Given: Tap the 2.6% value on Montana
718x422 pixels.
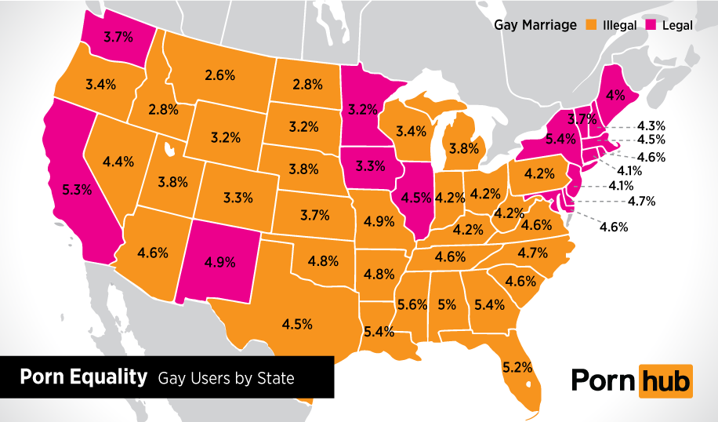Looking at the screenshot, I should (x=220, y=75).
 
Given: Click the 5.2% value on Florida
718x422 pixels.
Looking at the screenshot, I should (x=517, y=366).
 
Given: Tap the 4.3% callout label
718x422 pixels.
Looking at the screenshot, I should (x=651, y=125).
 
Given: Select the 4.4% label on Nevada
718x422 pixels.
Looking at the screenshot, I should (x=118, y=162).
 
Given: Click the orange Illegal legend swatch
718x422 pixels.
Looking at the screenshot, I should (x=591, y=25).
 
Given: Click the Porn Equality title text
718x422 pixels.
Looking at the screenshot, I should (x=83, y=377).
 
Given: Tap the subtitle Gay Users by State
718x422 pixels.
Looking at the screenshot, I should (x=226, y=379).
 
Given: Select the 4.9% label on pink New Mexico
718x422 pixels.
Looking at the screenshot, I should (x=219, y=262).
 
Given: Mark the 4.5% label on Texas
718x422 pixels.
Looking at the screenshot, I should (x=298, y=323).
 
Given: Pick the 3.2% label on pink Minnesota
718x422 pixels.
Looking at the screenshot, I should (x=363, y=109).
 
